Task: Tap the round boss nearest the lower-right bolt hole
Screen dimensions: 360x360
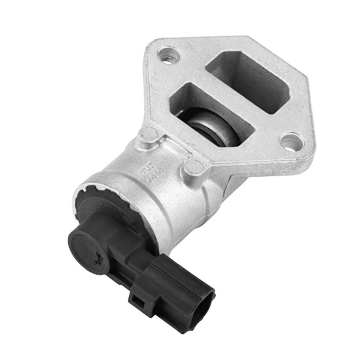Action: [194, 167]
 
